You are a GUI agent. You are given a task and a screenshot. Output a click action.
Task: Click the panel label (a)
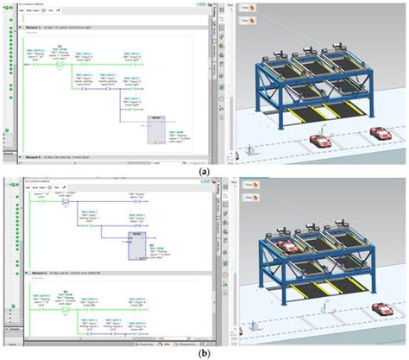pos(204,173)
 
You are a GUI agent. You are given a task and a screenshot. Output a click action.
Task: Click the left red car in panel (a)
pos(318,140)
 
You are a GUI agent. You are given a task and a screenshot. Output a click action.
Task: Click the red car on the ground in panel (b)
pos(379,307)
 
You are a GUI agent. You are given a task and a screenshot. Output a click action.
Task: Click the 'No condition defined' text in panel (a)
pos(39,3)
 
